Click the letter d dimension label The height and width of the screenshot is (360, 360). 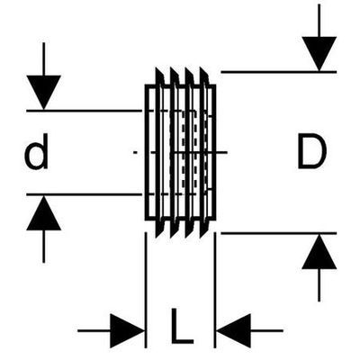[36, 152]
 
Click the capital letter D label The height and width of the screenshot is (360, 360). [312, 150]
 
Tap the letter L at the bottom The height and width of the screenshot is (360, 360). [181, 326]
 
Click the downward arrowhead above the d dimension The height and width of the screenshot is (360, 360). [44, 92]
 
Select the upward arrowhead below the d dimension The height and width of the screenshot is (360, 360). [44, 213]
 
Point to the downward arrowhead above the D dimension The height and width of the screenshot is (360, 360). [319, 54]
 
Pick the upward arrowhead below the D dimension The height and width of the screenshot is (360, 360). [319, 251]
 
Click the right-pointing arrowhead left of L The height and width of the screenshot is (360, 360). [127, 331]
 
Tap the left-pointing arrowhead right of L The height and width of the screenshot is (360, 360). [234, 331]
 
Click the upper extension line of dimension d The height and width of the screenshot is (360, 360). [84, 111]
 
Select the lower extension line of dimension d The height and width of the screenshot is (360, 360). [84, 194]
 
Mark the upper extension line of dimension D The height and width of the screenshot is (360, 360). [279, 72]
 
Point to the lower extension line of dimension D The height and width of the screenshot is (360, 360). [279, 233]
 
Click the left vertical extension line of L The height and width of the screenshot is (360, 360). [146, 290]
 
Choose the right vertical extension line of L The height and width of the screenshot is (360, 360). [215, 290]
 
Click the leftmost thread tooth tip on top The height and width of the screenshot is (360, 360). [157, 68]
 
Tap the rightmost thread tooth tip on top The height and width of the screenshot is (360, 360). [201, 68]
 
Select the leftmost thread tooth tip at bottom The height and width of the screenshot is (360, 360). [157, 237]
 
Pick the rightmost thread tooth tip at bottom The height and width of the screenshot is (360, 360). [201, 237]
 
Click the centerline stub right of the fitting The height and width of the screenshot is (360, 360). [221, 152]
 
